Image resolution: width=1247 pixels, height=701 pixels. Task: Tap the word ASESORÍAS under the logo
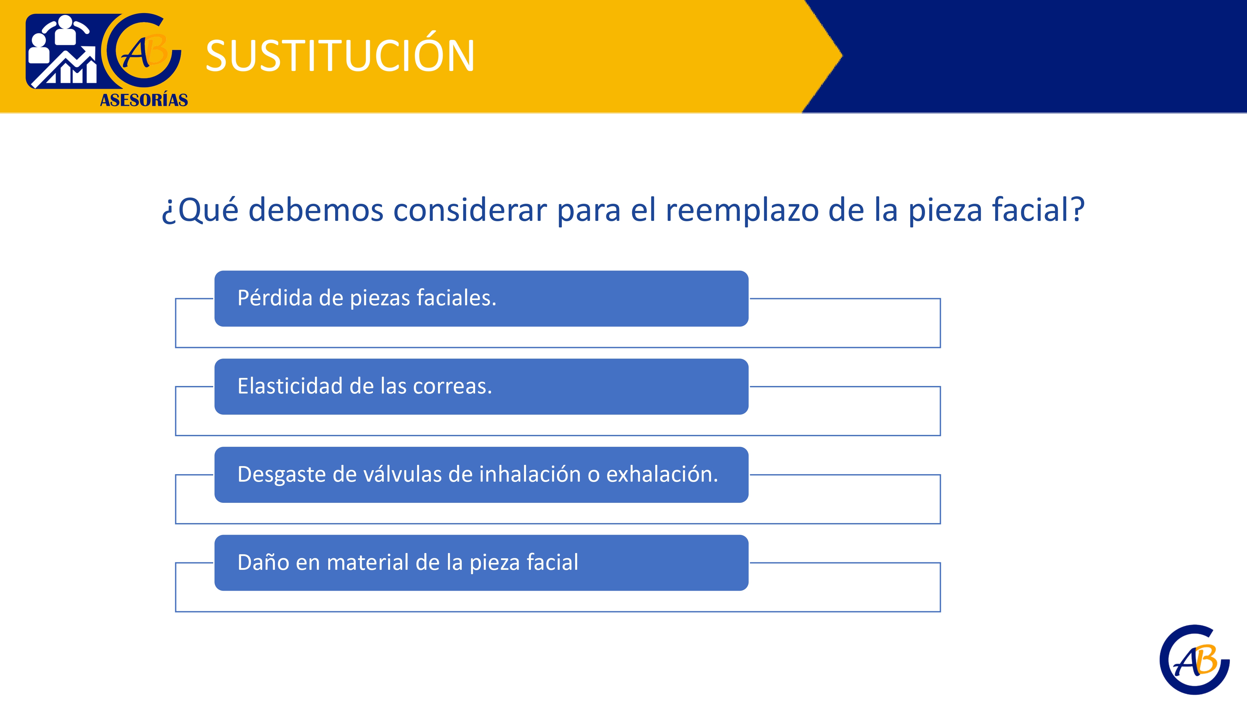(144, 100)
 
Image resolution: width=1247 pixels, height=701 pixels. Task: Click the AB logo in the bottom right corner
(1195, 659)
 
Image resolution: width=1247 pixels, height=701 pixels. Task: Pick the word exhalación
(662, 474)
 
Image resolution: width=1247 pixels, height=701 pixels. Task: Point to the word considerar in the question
(470, 210)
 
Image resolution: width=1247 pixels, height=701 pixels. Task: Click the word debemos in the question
(316, 210)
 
